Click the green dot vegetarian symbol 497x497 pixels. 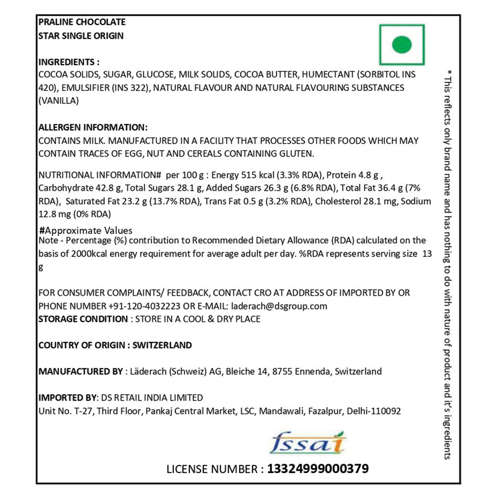coord(402,45)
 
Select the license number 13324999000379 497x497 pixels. coord(318,469)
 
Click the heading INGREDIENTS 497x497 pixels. coord(69,62)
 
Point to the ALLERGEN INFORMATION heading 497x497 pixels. coord(93,127)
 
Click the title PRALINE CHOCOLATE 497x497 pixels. coord(82,22)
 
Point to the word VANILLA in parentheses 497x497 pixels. coord(58,101)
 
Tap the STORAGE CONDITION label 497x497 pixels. coord(83,319)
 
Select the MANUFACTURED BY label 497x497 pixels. coord(80,371)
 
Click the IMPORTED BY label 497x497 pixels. coord(67,398)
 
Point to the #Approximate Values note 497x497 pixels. coord(85,230)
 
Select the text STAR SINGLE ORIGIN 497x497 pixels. coord(81,36)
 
